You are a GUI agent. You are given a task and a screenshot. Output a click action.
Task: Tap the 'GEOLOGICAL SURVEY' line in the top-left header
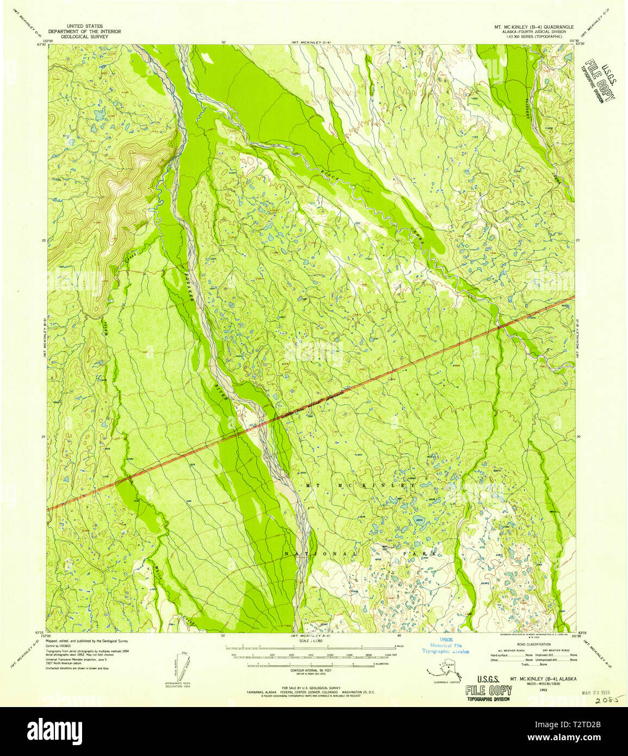pos(85,38)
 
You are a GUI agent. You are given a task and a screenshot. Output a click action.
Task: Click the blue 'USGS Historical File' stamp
pos(445,646)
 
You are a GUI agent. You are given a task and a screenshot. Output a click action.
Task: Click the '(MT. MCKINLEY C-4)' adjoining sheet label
pos(310,42)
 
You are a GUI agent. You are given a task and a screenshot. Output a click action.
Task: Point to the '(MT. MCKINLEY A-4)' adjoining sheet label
pos(310,635)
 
